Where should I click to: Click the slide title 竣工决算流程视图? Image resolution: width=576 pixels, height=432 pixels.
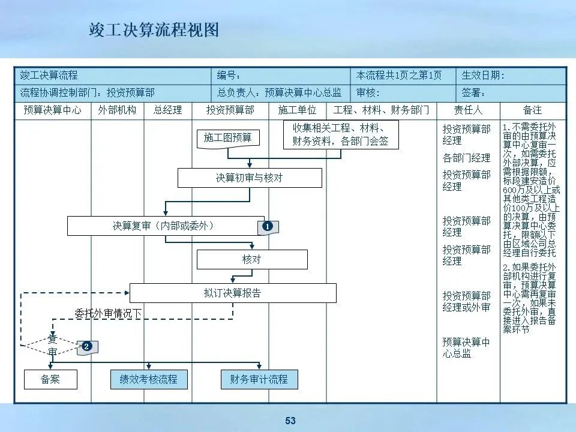(154, 30)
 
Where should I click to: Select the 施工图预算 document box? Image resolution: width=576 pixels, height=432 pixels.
(228, 138)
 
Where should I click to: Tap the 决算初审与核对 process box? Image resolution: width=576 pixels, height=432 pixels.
(250, 178)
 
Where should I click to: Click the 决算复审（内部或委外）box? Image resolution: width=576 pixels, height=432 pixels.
(165, 226)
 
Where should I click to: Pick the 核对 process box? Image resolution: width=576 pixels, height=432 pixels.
(252, 259)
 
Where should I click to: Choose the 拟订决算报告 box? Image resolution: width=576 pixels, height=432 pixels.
(233, 293)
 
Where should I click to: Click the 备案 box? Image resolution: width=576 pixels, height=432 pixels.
(50, 379)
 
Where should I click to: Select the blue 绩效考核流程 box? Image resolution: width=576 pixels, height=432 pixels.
(149, 379)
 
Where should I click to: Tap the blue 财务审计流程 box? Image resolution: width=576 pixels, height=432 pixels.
(259, 379)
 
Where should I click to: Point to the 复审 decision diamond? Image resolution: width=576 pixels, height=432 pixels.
(52, 345)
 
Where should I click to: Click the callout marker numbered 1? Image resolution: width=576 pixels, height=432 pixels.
(268, 227)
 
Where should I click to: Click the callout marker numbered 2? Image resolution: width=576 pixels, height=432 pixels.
(87, 346)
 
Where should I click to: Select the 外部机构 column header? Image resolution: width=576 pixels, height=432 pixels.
(117, 110)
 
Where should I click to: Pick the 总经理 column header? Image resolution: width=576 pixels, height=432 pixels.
(167, 110)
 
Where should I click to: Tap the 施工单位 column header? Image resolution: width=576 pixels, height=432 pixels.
(297, 110)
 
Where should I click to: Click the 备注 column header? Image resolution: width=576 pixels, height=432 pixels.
(532, 110)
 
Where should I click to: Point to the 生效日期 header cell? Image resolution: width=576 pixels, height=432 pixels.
(511, 76)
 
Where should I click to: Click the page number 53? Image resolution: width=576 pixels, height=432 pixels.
(290, 421)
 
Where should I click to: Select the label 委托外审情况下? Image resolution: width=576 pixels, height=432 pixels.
(108, 313)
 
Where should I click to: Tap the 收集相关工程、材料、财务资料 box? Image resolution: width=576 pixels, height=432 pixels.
(341, 134)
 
